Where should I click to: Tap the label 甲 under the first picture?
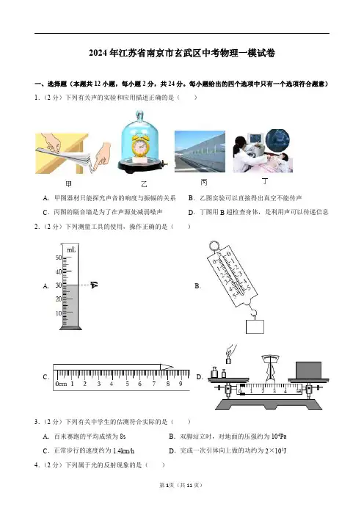[x=69, y=184]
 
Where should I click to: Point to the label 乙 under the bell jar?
[x=144, y=184]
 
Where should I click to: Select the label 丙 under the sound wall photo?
[x=204, y=183]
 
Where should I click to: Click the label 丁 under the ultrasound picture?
[x=265, y=181]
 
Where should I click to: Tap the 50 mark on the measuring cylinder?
[x=59, y=257]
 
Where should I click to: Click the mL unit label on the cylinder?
[x=71, y=250]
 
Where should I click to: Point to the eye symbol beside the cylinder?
[x=94, y=285]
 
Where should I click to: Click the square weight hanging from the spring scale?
[x=255, y=326]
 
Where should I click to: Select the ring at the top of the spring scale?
[x=214, y=246]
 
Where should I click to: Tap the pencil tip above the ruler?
[x=170, y=367]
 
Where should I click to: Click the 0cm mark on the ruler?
[x=61, y=384]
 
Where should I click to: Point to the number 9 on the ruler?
[x=181, y=384]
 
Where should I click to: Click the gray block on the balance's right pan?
[x=308, y=370]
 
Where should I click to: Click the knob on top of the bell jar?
[x=139, y=116]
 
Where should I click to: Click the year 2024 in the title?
[x=98, y=53]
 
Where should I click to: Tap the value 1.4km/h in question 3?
[x=123, y=451]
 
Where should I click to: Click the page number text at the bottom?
[x=181, y=485]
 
